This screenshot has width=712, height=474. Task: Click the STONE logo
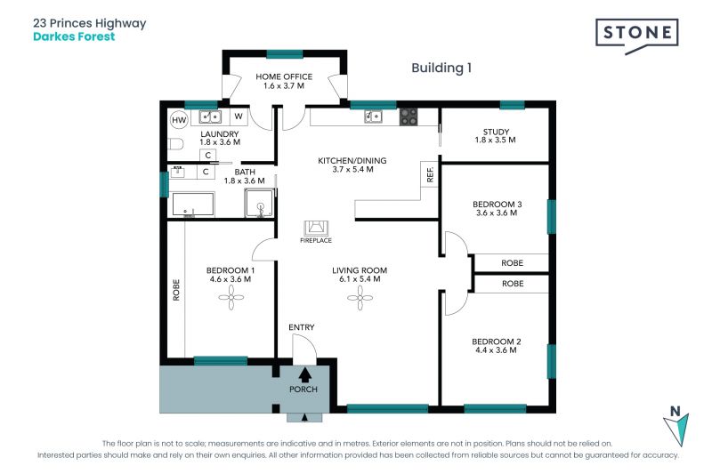[x=636, y=36]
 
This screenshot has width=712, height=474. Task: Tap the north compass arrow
[x=676, y=429]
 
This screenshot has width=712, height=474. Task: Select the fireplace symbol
[x=316, y=229]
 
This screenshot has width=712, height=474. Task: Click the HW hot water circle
[x=179, y=120]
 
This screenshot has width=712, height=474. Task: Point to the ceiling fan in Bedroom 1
[x=231, y=298]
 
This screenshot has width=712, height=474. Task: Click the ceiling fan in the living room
[x=360, y=298]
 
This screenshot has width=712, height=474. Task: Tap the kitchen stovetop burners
[x=409, y=116]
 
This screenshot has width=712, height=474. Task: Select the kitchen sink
[x=373, y=116]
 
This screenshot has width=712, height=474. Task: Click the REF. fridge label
[x=430, y=174]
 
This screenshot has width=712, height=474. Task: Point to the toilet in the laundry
[x=175, y=144]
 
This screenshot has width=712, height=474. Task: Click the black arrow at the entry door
[x=304, y=374]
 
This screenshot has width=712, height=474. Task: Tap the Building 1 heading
[x=441, y=68]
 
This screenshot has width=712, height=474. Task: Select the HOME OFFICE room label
[x=284, y=76]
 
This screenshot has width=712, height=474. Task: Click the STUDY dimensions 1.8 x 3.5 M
[x=496, y=141]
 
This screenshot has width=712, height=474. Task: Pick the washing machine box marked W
[x=239, y=116]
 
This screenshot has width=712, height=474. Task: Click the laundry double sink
[x=210, y=117]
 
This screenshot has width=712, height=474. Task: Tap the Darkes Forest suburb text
[x=74, y=36]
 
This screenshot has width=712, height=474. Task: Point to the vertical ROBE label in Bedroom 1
[x=176, y=290]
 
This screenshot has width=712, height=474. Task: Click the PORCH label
[x=303, y=390]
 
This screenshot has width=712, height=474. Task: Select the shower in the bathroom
[x=260, y=203]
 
